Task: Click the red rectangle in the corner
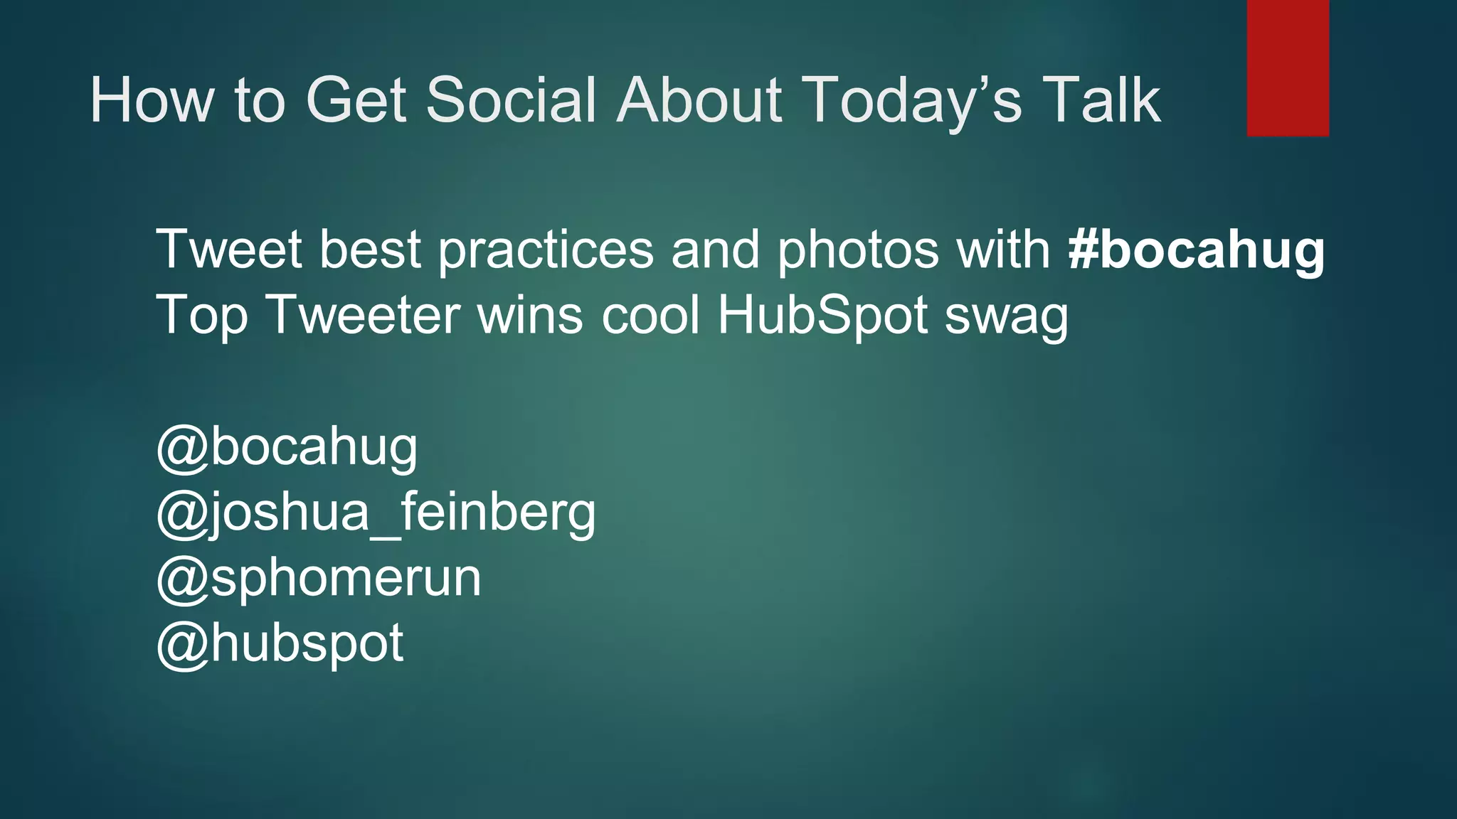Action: (1288, 68)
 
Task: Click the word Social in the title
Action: (511, 100)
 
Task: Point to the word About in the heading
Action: (699, 100)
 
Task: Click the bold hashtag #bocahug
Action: (1196, 250)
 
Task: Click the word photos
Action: (857, 250)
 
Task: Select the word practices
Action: (546, 250)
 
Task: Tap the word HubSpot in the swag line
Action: (822, 315)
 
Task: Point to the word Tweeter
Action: (363, 315)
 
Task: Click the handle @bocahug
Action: (287, 447)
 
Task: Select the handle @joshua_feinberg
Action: (376, 513)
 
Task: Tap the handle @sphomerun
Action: (319, 578)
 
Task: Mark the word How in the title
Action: (152, 100)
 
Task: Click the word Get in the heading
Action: (356, 100)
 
